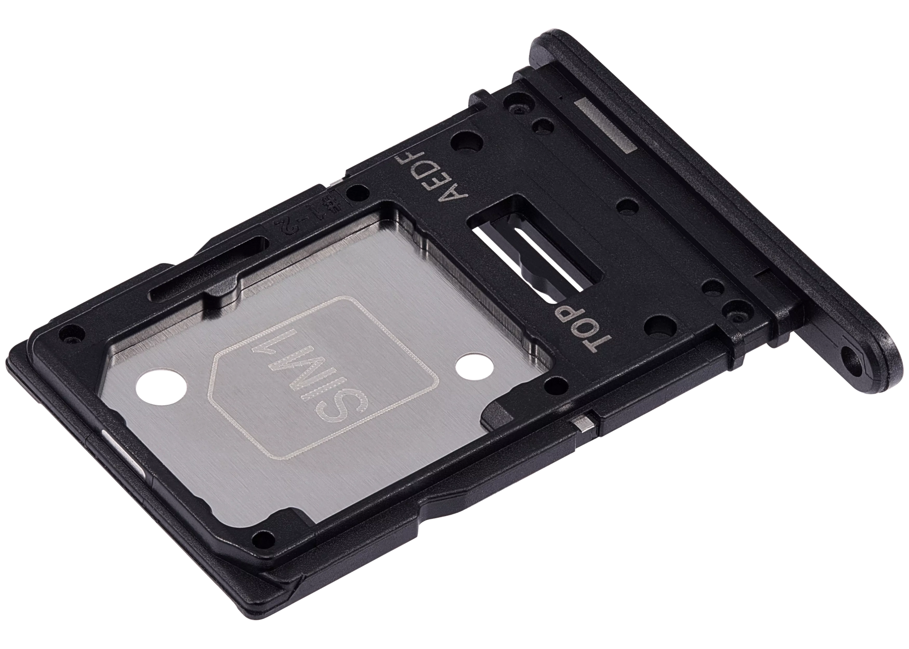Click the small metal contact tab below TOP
(585, 422)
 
